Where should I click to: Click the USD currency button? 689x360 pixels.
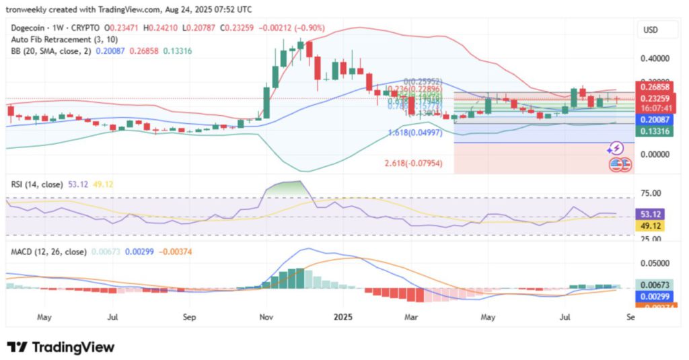point(651,30)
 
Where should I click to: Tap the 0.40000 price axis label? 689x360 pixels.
point(656,58)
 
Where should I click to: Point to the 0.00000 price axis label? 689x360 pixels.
point(656,154)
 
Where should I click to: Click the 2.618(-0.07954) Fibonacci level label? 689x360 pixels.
point(413,163)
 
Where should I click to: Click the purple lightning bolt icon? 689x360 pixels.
point(614,148)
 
